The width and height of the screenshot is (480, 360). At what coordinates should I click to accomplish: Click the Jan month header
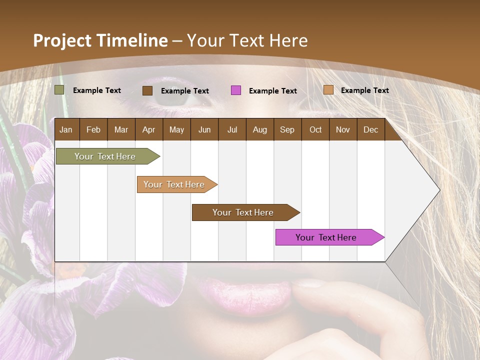click(66, 129)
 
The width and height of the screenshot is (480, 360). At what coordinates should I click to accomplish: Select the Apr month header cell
click(148, 129)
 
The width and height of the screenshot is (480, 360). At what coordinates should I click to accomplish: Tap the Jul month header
click(232, 129)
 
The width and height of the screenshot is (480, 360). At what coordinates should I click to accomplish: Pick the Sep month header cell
click(287, 129)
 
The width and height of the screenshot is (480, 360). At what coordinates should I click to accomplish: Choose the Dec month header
click(370, 129)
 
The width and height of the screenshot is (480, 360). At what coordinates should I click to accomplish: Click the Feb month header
click(93, 129)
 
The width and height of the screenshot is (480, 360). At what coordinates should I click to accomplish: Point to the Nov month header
click(342, 129)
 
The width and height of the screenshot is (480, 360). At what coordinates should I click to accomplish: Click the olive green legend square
click(59, 90)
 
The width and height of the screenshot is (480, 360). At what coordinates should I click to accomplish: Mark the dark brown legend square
click(147, 90)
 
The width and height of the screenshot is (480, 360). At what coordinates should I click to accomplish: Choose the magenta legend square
click(236, 90)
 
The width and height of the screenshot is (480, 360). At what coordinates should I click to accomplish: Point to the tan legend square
click(328, 90)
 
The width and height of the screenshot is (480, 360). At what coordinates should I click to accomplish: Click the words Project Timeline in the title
click(100, 40)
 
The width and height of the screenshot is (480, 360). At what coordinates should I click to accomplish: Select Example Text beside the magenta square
click(272, 91)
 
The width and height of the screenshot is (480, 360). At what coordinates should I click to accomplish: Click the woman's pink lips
click(245, 295)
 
